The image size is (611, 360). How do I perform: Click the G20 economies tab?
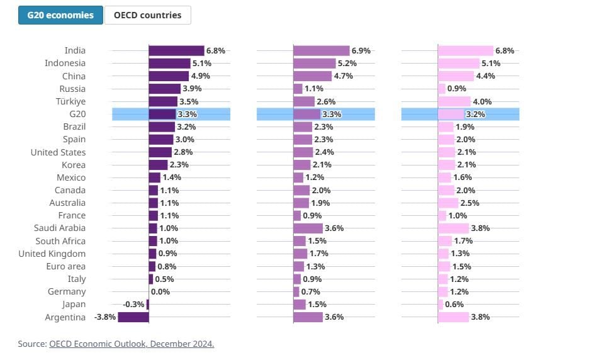pos(60,15)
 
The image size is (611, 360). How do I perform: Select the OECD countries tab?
pos(147,15)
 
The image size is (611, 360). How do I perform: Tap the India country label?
pos(75,50)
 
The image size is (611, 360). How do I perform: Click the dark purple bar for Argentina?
pos(133,317)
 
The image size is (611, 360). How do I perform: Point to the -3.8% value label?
pos(105,317)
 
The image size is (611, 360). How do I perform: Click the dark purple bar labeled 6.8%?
pos(176,50)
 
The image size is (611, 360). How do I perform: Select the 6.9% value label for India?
pos(361,50)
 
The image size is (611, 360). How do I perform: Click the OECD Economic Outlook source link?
pos(132,344)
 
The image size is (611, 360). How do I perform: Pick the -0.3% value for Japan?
pos(134,305)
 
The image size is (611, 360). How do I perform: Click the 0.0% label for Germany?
pos(160,292)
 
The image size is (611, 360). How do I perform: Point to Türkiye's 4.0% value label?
pos(482,101)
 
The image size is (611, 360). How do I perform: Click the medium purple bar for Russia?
pos(298,89)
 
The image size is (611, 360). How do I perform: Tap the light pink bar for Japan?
pos(440,305)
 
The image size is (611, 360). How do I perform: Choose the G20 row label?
pos(77,114)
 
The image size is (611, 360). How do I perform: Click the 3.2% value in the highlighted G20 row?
pos(475,115)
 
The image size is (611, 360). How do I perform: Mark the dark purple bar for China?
pos(169,76)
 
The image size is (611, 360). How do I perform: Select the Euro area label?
pos(65,266)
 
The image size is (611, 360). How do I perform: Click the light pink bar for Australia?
pos(448,203)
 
